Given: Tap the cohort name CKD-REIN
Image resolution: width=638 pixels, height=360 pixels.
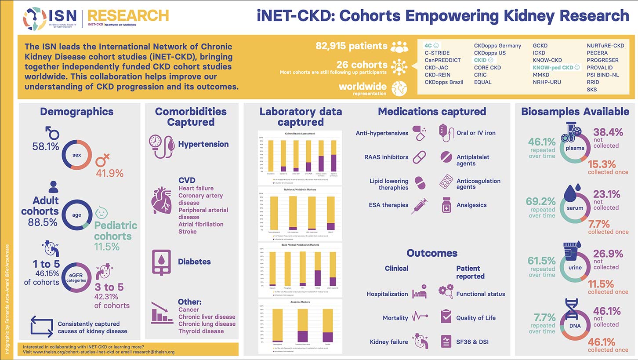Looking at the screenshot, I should point(437,75).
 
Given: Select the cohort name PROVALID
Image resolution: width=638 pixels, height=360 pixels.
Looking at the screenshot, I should point(602,67).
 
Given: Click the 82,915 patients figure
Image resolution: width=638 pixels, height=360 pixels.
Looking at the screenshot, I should point(352,46).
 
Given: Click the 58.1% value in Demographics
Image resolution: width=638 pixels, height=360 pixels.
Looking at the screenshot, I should point(46,147).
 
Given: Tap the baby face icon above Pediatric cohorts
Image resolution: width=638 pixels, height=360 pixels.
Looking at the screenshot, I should point(102,213).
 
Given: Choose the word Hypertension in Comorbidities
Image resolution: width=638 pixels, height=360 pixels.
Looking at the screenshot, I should point(203,144).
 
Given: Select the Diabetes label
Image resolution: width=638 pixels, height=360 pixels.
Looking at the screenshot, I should point(194,262).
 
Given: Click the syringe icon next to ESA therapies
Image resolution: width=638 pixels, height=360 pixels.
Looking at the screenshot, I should point(419,205).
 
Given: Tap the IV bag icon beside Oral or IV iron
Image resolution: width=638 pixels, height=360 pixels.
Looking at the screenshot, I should point(446,133).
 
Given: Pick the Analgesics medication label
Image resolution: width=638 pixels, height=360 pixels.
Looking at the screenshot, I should point(471,205).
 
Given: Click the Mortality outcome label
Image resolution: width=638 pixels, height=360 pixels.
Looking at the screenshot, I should point(395,318).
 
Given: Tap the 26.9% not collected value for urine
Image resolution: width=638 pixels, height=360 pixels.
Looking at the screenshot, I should point(606,254).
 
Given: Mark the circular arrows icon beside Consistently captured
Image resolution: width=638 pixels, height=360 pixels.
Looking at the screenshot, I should point(41,327).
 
